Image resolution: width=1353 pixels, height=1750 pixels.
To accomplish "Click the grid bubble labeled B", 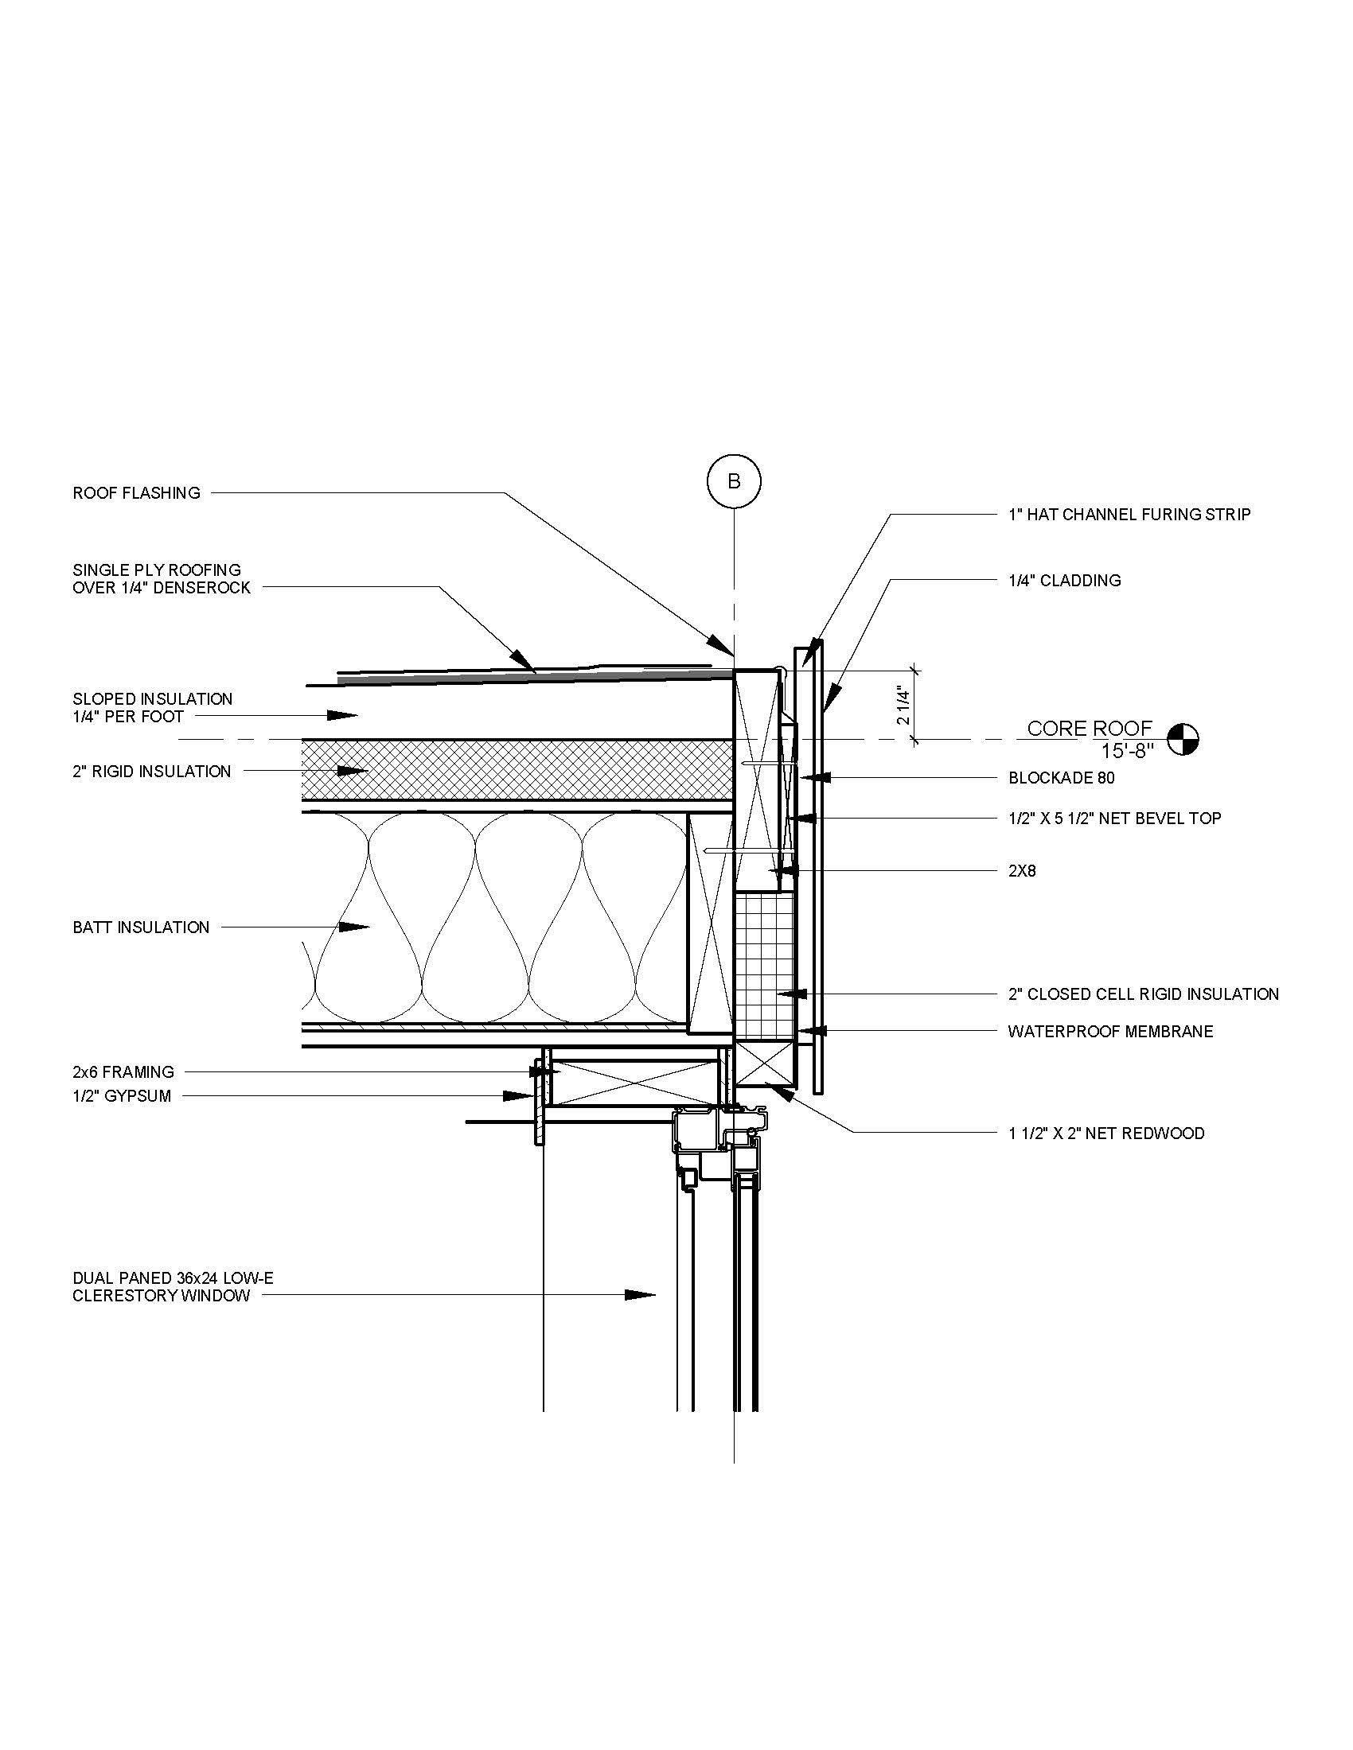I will click(x=734, y=481).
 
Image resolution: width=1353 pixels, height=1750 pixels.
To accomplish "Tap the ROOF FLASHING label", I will click(x=136, y=494).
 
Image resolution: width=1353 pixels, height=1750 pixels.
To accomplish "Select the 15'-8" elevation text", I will click(x=1127, y=752).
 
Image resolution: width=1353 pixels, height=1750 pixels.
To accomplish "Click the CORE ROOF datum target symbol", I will click(x=1183, y=739).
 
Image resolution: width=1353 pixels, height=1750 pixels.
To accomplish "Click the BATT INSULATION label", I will click(x=141, y=927).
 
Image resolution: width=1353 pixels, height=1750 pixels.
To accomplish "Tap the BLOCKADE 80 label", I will click(x=1061, y=778).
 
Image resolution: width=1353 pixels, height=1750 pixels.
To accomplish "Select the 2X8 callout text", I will click(x=1022, y=871).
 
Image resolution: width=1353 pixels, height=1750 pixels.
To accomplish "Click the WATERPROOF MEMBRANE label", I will click(x=1110, y=1032).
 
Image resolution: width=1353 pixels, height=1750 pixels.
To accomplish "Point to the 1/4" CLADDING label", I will click(x=1064, y=581).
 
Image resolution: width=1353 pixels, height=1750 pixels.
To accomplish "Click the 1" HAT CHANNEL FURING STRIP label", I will click(x=1129, y=515).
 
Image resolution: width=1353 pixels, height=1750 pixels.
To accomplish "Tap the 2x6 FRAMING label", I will click(x=123, y=1072).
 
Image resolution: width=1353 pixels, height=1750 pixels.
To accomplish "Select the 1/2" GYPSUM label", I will click(x=122, y=1096).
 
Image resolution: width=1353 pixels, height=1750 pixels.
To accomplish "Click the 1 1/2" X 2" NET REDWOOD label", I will click(x=1106, y=1134).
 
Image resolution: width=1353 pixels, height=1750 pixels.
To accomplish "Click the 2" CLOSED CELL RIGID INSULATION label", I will click(x=1143, y=994).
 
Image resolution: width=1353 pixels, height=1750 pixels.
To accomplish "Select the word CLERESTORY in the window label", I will click(x=124, y=1296).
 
